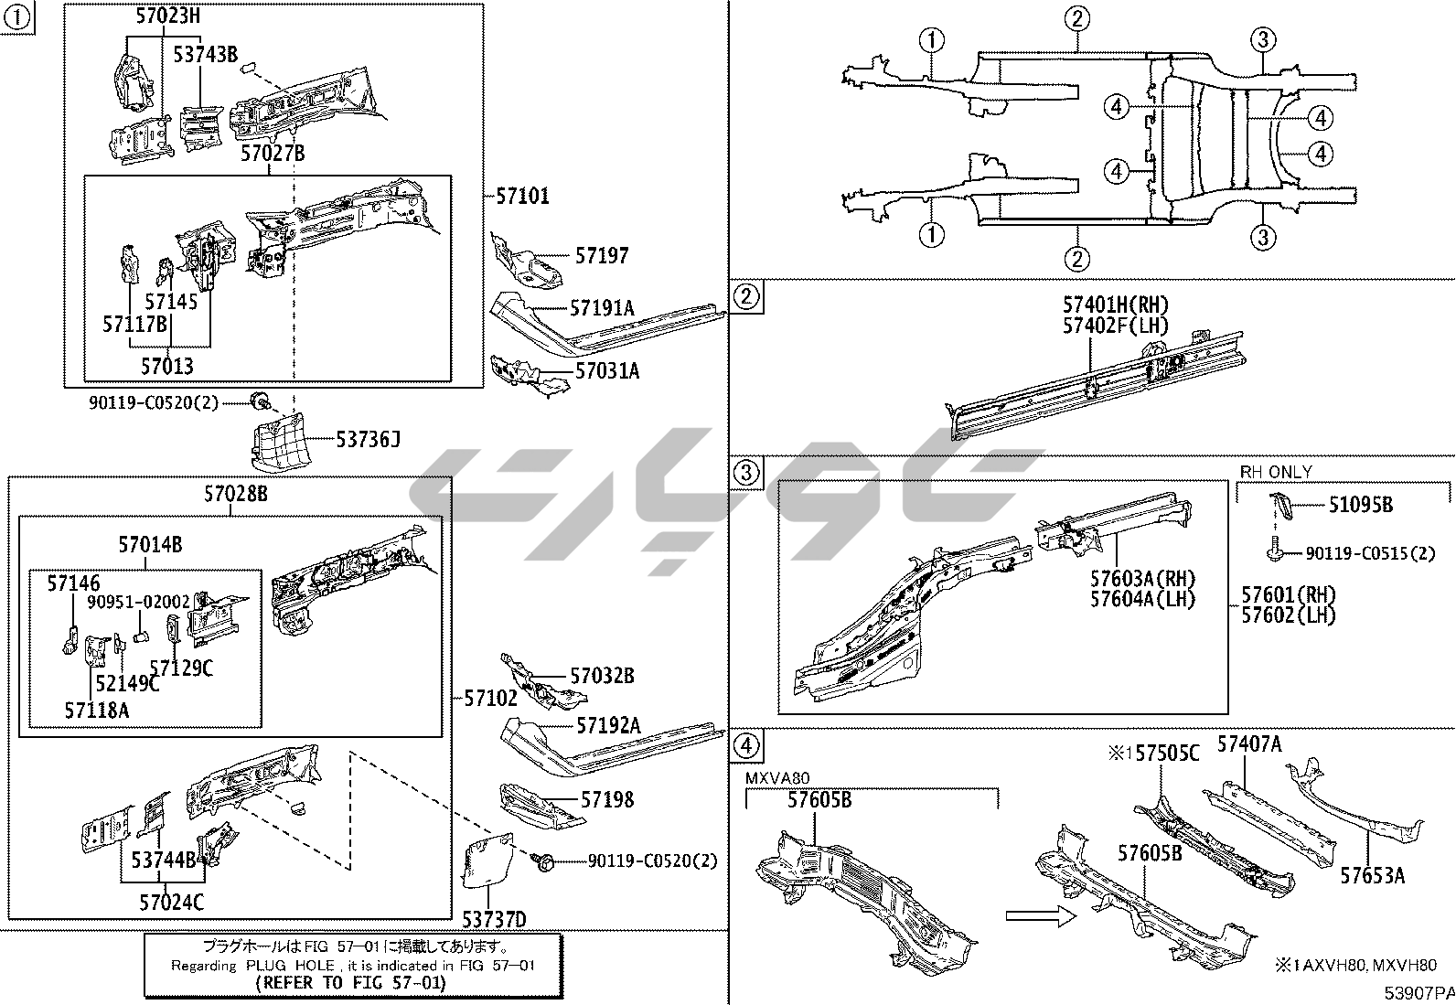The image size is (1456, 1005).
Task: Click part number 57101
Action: click(x=523, y=196)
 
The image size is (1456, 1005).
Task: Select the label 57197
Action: click(x=602, y=256)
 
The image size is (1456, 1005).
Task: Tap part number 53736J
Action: click(x=368, y=441)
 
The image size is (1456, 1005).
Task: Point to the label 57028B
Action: click(x=235, y=495)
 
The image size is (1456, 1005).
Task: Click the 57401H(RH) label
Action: click(x=1115, y=305)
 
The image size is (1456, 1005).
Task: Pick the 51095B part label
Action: click(x=1360, y=504)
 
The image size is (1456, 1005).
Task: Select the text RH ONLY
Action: click(x=1276, y=472)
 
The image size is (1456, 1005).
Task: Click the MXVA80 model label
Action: click(x=777, y=778)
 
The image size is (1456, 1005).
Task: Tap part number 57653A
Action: click(x=1372, y=875)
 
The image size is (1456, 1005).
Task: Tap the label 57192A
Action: click(x=608, y=726)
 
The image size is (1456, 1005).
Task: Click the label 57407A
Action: click(x=1248, y=744)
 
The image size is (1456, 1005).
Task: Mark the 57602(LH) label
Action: click(x=1288, y=615)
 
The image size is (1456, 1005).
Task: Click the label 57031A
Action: click(x=607, y=370)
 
